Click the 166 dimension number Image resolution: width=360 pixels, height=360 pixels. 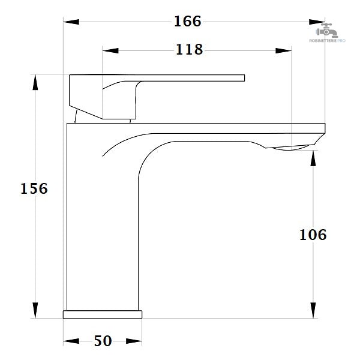188,22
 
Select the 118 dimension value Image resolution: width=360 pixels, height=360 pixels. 189,49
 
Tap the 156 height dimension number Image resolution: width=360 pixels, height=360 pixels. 34,189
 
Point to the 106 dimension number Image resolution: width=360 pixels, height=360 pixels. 313,235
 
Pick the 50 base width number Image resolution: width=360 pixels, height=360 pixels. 103,341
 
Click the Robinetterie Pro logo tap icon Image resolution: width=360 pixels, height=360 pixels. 327,31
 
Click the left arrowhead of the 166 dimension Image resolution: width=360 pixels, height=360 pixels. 71,22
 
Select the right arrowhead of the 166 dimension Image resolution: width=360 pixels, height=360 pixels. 317,22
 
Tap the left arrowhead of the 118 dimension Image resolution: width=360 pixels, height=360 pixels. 110,51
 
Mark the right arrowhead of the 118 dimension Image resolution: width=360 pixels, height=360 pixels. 284,51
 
